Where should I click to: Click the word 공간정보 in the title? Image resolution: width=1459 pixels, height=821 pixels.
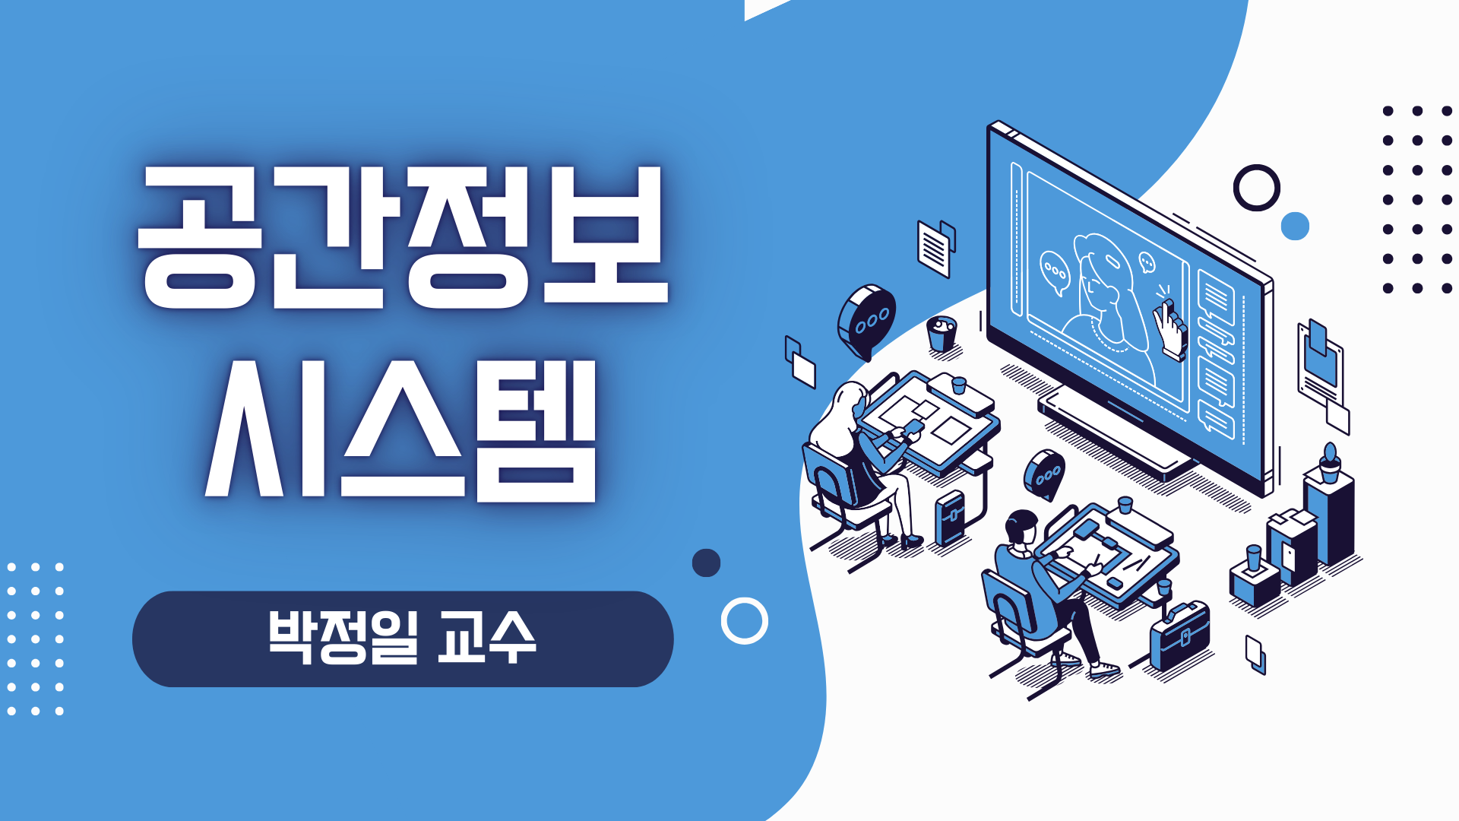[403, 237]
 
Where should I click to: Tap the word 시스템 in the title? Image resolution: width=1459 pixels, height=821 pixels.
[400, 430]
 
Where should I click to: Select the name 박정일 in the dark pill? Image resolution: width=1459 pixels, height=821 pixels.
[343, 637]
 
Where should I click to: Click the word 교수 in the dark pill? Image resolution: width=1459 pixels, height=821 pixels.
[488, 637]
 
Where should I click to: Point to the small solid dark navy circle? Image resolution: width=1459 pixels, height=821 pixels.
[706, 563]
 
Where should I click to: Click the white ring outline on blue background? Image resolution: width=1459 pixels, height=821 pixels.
[745, 599]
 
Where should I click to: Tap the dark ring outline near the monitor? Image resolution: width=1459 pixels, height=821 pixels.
[1257, 166]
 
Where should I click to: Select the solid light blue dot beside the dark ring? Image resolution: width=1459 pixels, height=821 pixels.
[1295, 226]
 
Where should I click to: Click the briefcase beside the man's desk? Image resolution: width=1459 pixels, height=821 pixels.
[1179, 637]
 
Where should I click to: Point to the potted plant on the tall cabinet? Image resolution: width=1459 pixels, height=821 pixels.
[1330, 463]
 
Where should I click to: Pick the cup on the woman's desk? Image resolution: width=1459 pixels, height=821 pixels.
[959, 385]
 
